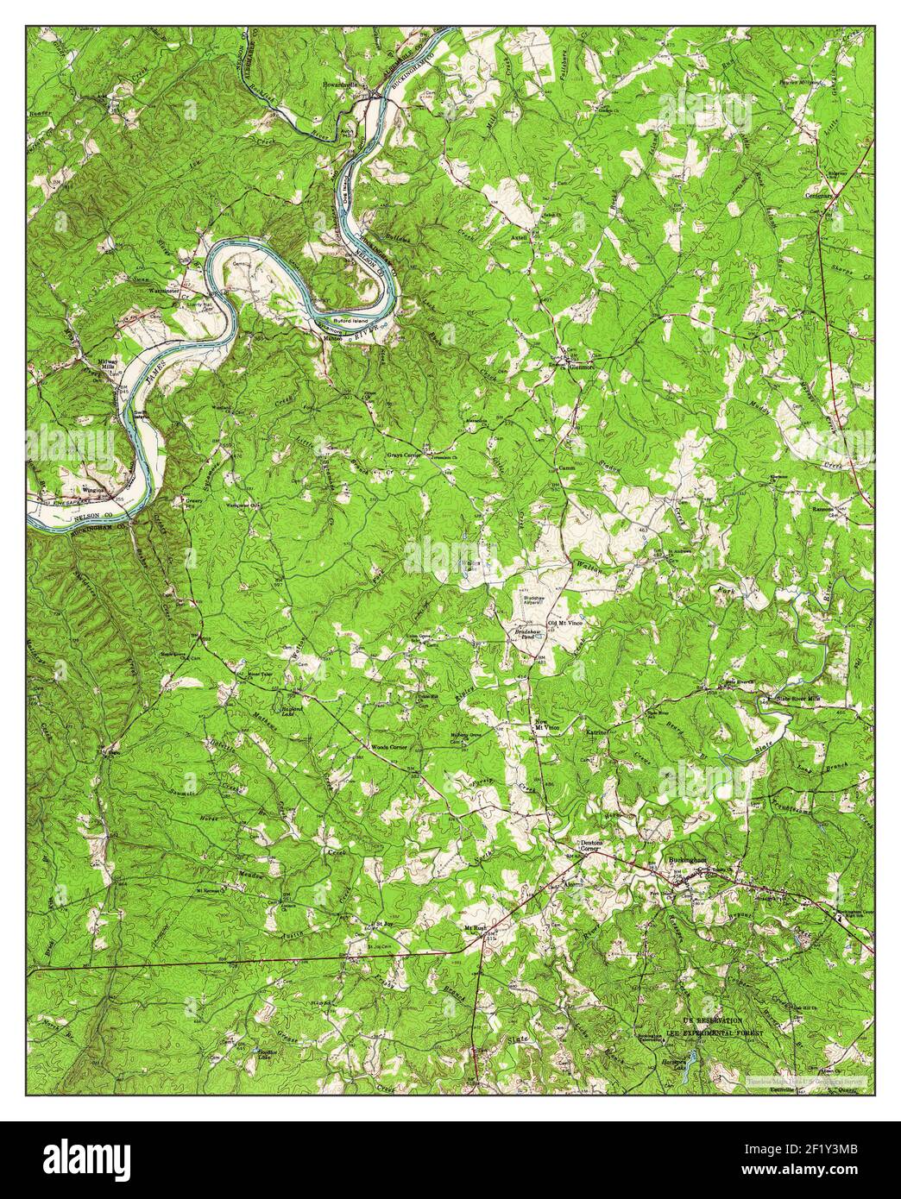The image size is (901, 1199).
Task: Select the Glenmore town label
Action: (x=583, y=366)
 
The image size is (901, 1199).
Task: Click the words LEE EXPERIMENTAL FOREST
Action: (x=715, y=1033)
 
